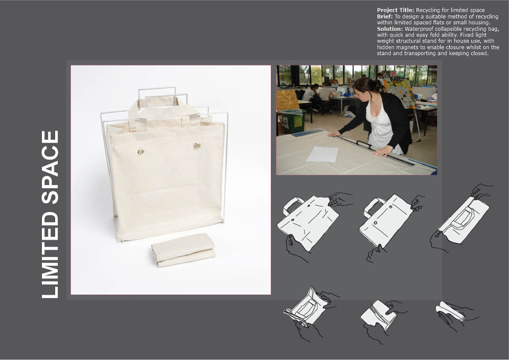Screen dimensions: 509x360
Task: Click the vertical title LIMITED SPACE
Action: point(50,214)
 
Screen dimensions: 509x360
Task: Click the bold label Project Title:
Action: point(396,10)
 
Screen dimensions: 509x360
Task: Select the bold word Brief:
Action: point(385,16)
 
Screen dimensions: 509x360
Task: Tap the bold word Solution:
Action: point(390,29)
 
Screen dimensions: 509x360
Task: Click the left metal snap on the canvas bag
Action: point(141,152)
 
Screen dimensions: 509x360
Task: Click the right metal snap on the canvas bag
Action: point(197,146)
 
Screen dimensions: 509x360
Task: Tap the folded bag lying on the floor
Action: point(183,250)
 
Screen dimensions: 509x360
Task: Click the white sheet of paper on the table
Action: point(322,154)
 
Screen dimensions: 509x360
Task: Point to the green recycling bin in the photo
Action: point(293,121)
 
